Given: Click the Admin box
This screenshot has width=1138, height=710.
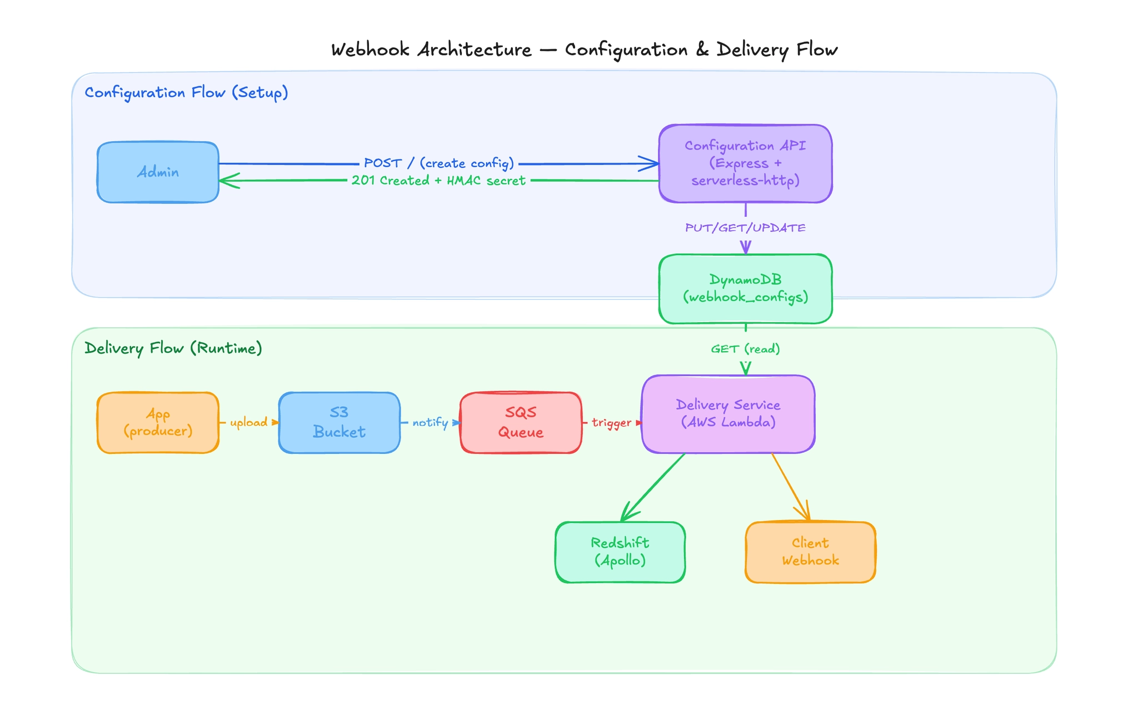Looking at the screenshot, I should [158, 172].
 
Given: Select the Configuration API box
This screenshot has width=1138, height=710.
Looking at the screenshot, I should [745, 163].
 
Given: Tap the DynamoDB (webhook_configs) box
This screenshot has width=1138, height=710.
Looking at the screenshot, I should [745, 288].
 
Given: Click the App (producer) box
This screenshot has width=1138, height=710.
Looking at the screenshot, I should [158, 423].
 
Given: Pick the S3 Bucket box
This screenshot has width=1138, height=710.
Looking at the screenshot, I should [339, 423].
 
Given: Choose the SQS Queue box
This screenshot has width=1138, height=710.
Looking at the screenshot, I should [521, 423].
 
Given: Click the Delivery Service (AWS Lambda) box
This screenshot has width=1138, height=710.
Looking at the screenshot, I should [728, 414].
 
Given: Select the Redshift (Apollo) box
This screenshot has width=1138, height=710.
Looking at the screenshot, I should [620, 552].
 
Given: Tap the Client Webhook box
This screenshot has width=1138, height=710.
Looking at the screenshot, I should [810, 552].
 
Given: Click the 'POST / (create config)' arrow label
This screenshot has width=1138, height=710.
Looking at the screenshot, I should [439, 163].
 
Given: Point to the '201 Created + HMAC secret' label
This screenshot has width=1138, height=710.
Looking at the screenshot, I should [438, 181].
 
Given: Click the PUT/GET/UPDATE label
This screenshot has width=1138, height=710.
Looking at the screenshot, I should [745, 228].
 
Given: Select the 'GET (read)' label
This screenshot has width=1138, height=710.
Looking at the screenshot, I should [745, 349].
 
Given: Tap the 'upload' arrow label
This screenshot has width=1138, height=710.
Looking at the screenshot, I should [248, 422].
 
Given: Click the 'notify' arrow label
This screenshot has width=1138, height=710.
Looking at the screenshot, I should [430, 422].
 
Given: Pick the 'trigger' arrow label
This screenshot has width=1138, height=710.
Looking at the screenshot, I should [611, 423].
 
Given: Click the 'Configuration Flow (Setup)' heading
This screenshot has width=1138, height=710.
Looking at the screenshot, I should [186, 92].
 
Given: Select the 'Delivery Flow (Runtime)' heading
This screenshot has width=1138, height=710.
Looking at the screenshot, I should [173, 348].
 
